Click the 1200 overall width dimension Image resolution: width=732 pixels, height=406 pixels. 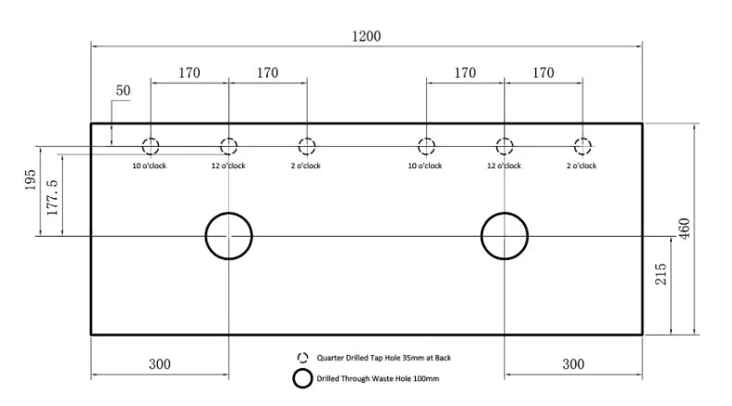(x=366, y=36)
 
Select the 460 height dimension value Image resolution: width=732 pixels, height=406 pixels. (x=684, y=228)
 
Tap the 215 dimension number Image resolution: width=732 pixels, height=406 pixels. (x=661, y=274)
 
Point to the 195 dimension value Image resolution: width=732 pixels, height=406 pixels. (x=30, y=179)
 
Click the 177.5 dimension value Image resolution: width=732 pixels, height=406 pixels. (x=53, y=197)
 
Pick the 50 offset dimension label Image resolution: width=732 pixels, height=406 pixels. (x=123, y=90)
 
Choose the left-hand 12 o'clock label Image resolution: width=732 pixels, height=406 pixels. (x=228, y=166)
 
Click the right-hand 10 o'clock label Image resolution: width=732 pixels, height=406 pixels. (x=425, y=166)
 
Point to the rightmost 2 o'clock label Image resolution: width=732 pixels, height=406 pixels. (x=581, y=166)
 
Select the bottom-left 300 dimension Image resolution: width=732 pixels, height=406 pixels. (x=160, y=364)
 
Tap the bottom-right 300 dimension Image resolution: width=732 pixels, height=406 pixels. (x=573, y=364)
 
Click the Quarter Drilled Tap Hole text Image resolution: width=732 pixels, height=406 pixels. (x=384, y=358)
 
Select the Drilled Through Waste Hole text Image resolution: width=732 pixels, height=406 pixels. (x=378, y=378)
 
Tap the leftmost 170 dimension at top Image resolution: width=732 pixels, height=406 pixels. (x=189, y=73)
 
